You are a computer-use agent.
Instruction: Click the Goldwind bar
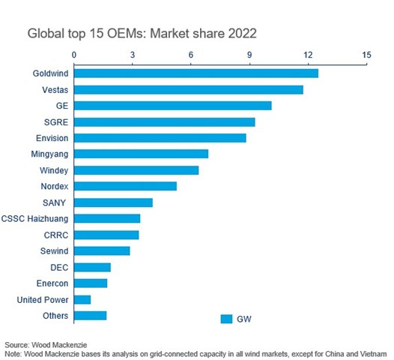[196, 73]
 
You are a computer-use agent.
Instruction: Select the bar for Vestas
[188, 89]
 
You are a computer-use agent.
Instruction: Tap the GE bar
[172, 106]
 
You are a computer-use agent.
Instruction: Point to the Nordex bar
[125, 186]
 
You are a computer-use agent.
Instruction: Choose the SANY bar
[113, 202]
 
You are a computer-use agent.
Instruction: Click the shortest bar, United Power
[82, 299]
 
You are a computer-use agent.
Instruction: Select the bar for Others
[90, 315]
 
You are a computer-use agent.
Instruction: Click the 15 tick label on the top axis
[366, 55]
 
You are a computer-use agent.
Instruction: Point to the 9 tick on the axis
[249, 55]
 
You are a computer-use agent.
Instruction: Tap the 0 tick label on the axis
[74, 55]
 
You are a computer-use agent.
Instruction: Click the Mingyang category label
[49, 154]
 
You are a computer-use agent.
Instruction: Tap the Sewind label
[54, 250]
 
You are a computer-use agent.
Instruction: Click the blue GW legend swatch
[226, 319]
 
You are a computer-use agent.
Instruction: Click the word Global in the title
[45, 34]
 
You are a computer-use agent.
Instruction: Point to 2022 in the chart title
[240, 34]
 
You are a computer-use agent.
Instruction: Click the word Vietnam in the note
[371, 352]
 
